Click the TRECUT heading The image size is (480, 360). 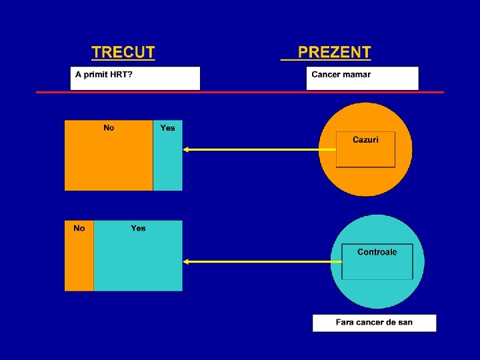click(123, 53)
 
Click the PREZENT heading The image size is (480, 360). click(334, 53)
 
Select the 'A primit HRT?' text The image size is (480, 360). click(103, 74)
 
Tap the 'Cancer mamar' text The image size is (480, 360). click(341, 74)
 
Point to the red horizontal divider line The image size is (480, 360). click(240, 92)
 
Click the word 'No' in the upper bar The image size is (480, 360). click(109, 128)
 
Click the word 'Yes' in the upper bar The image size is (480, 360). click(167, 128)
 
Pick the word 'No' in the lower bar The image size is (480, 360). click(79, 229)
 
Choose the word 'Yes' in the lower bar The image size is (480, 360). click(138, 229)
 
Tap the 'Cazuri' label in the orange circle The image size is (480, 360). click(365, 140)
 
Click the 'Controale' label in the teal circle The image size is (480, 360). click(377, 252)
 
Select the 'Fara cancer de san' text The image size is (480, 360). click(374, 323)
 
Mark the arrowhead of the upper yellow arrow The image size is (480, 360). click(187, 150)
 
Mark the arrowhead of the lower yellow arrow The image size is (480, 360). click(187, 262)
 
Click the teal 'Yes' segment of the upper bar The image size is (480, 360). click(167, 163)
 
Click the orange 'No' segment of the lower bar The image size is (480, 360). click(79, 263)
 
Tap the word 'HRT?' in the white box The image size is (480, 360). click(121, 74)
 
